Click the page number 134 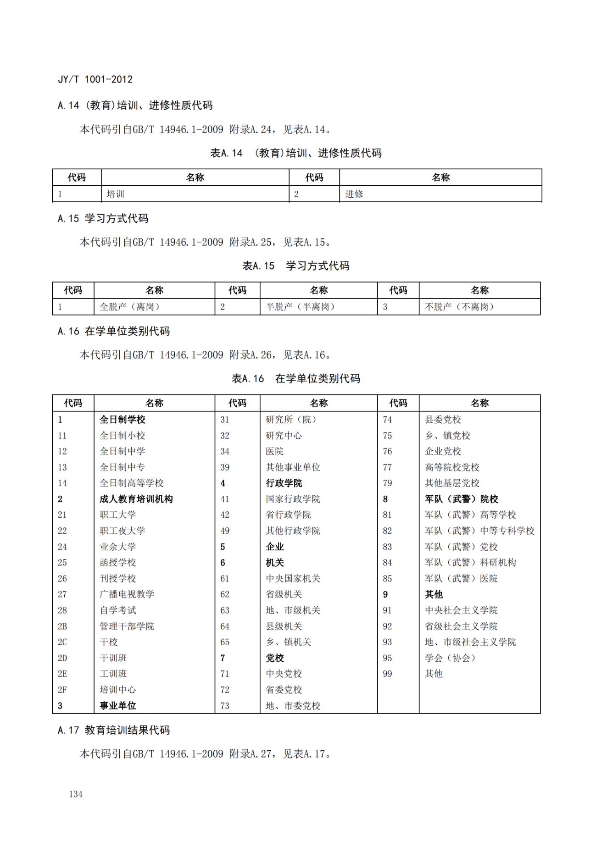[x=76, y=794]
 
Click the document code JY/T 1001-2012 [x=95, y=79]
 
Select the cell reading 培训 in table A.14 [x=116, y=194]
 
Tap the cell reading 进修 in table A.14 [x=354, y=194]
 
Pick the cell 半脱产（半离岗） [x=301, y=307]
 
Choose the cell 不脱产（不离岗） [x=459, y=307]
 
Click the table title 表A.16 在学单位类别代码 [x=296, y=378]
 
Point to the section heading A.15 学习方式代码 [x=103, y=219]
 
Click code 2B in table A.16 [x=62, y=626]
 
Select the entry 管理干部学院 [x=127, y=626]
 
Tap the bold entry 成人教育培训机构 [x=136, y=499]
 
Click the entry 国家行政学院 [x=293, y=499]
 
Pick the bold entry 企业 [x=275, y=547]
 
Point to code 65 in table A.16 [x=225, y=642]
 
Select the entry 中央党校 [x=284, y=674]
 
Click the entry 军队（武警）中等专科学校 [x=479, y=531]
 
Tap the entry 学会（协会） [x=450, y=658]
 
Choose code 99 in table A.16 [x=388, y=674]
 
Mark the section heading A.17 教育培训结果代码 [x=114, y=730]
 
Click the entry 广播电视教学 [x=127, y=594]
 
